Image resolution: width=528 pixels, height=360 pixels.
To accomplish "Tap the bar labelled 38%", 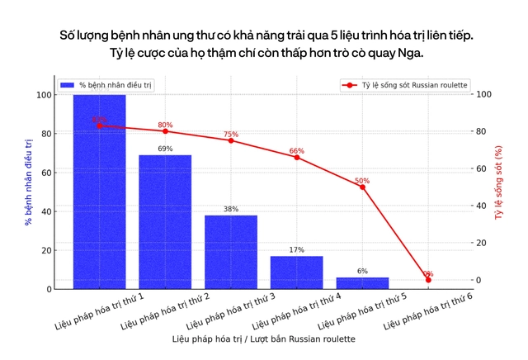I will pos(231,252).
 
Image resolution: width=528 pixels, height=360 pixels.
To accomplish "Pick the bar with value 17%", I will pos(297,272).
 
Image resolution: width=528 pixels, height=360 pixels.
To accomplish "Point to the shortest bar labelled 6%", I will pos(362,282).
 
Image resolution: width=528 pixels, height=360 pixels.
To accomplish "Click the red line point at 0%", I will pos(428,280).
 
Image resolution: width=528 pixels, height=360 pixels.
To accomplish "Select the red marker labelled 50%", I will pos(362,187).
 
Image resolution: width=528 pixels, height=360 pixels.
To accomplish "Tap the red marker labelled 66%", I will pos(297,157).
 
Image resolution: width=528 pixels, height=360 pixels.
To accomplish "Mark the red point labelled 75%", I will pos(231,140).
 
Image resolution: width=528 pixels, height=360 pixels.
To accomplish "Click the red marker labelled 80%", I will pos(165,131).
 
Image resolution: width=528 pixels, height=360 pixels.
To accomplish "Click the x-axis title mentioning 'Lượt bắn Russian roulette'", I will pos(264,339).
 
